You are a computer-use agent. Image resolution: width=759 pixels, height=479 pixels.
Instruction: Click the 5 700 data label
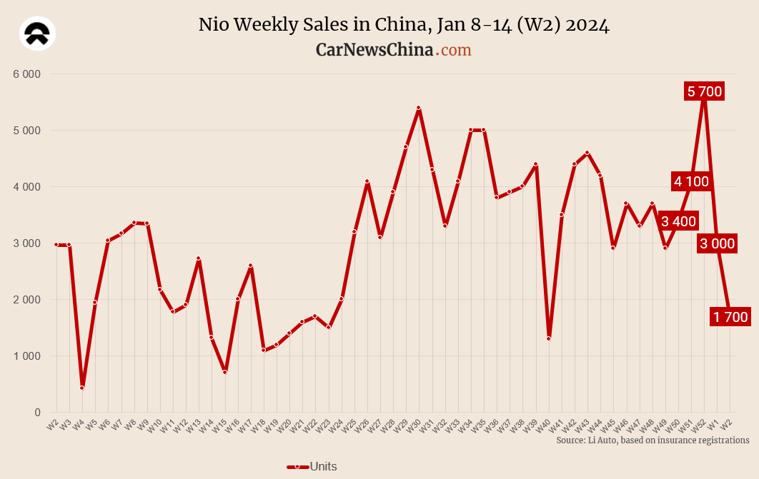(x=705, y=91)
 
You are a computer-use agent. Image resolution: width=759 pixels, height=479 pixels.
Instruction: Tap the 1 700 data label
(x=730, y=317)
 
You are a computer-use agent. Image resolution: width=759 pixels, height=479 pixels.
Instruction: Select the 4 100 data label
(x=691, y=181)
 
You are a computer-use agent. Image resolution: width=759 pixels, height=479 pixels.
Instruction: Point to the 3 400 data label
(x=678, y=221)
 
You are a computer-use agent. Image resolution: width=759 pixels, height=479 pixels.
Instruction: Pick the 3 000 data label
(x=717, y=243)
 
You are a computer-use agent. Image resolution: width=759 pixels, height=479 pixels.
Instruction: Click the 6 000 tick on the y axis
(x=27, y=74)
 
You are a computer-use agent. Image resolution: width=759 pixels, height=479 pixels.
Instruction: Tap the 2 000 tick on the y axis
(x=27, y=300)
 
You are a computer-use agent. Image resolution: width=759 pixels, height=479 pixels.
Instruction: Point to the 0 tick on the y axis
(x=37, y=413)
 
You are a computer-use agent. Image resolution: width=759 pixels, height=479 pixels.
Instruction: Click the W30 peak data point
(x=419, y=108)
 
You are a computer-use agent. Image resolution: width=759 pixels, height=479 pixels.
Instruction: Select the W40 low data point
(x=548, y=338)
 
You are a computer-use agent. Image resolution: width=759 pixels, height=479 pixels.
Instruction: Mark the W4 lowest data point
(x=82, y=388)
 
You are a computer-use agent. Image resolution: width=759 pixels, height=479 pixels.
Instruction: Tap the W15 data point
(x=224, y=372)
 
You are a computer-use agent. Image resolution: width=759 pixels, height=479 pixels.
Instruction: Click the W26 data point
(x=367, y=181)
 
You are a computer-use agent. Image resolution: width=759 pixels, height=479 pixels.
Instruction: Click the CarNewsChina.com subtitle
(x=394, y=50)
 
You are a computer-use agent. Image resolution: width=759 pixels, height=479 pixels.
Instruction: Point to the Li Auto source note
(x=653, y=440)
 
